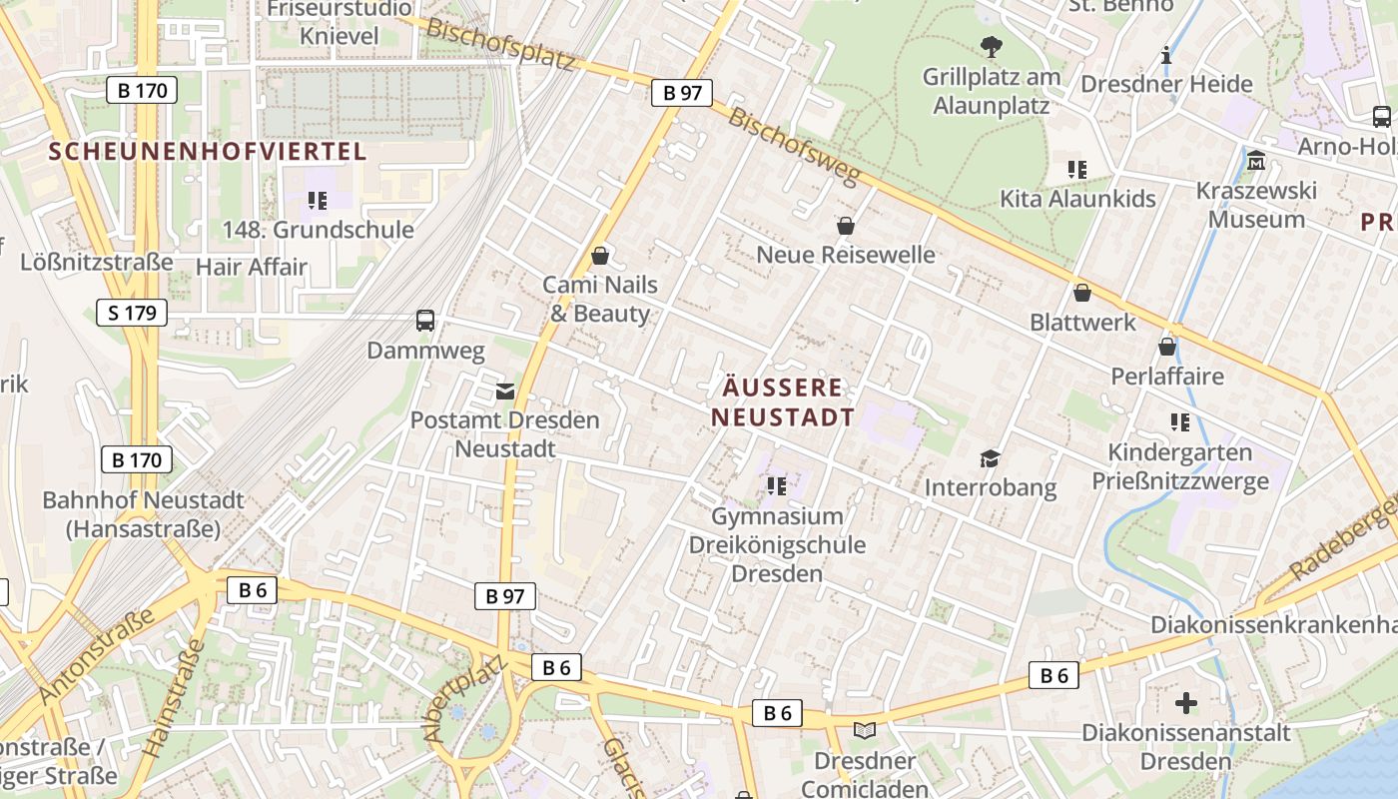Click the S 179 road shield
pyautogui.click(x=132, y=313)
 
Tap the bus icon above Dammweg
pyautogui.click(x=425, y=321)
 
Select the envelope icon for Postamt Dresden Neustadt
pyautogui.click(x=505, y=391)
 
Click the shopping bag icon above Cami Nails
pyautogui.click(x=600, y=256)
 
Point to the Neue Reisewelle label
pyautogui.click(x=846, y=255)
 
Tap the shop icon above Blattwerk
pyautogui.click(x=1081, y=293)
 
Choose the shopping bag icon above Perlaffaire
pyautogui.click(x=1166, y=347)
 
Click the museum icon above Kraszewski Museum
pyautogui.click(x=1256, y=160)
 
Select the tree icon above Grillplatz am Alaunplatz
pyautogui.click(x=991, y=46)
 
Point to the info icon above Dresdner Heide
pyautogui.click(x=1165, y=55)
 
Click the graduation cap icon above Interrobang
pyautogui.click(x=990, y=458)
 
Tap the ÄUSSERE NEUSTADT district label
pyautogui.click(x=783, y=402)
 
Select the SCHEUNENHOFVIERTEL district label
pyautogui.click(x=209, y=152)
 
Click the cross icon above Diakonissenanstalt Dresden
pyautogui.click(x=1186, y=703)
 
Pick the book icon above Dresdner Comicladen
pyautogui.click(x=865, y=730)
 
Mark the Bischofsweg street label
pyautogui.click(x=793, y=146)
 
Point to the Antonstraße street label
pyautogui.click(x=97, y=656)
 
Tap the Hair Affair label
pyautogui.click(x=252, y=267)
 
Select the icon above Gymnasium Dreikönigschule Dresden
pyautogui.click(x=777, y=486)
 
